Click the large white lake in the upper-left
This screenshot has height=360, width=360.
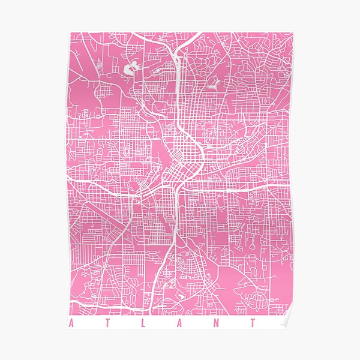click(131, 69)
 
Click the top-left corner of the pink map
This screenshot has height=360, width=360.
click(68, 33)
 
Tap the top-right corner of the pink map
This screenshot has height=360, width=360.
click(293, 33)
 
